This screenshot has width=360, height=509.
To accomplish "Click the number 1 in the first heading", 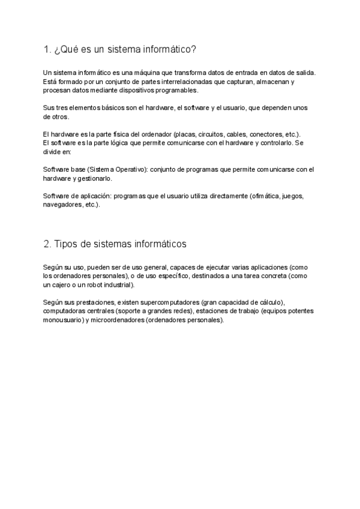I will (x=46, y=49).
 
